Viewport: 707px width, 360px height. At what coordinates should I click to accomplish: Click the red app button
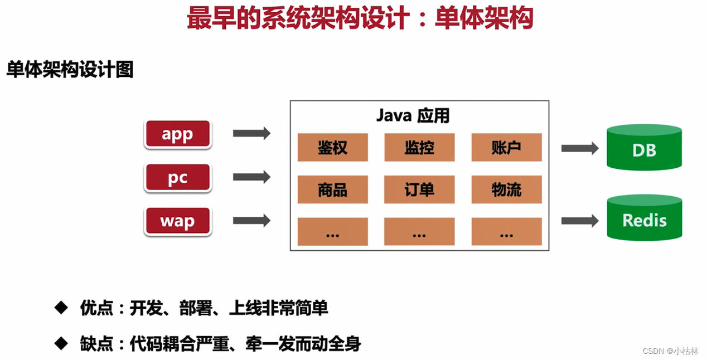[177, 134]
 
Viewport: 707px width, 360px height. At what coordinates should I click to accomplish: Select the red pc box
[177, 178]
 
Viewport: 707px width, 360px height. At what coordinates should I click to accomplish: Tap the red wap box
[177, 221]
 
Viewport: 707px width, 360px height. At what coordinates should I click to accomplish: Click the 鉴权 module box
[332, 148]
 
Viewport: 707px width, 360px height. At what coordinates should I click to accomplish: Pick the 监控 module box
[419, 148]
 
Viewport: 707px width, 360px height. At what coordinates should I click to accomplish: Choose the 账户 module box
[506, 148]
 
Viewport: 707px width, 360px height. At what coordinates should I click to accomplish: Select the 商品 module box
[332, 190]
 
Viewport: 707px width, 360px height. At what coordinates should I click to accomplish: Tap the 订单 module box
[419, 190]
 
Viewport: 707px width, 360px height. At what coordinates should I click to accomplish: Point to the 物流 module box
[506, 190]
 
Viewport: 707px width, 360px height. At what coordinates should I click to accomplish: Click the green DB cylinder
[644, 148]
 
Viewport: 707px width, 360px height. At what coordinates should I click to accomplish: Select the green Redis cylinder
[644, 218]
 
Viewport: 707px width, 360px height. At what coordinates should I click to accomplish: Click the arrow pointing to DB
[579, 148]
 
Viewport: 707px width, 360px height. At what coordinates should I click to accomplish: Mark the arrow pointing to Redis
[579, 221]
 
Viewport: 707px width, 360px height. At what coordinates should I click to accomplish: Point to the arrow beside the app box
[251, 133]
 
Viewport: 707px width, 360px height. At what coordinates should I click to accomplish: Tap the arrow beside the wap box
[251, 221]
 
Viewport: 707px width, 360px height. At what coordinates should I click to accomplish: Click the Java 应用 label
[413, 115]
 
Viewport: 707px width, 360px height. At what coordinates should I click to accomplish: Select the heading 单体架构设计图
[70, 70]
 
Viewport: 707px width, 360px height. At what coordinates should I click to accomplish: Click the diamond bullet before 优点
[60, 308]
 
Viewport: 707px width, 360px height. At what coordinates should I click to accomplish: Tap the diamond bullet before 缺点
[60, 343]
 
